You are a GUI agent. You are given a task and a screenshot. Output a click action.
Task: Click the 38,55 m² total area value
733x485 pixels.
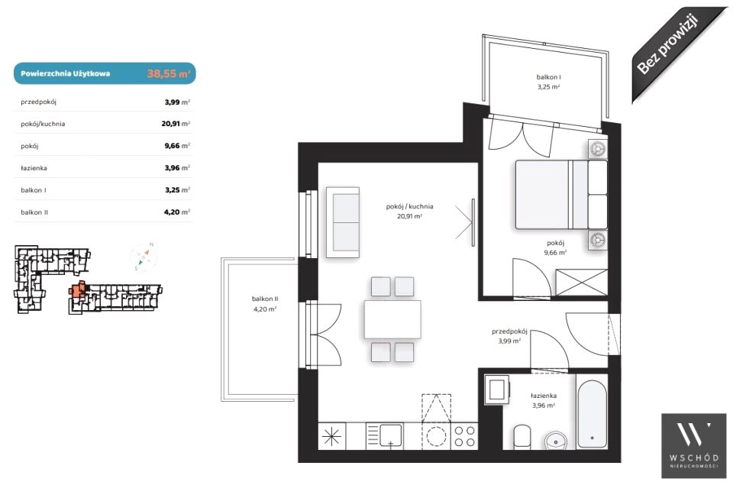point(168,73)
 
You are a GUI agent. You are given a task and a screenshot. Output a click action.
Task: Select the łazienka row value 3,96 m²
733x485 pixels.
point(177,167)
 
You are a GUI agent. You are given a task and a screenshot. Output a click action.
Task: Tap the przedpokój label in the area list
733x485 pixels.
point(38,102)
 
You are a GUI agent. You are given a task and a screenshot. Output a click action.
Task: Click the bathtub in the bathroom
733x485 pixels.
point(592,415)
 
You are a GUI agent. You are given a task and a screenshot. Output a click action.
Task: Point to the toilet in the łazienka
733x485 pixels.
point(521,437)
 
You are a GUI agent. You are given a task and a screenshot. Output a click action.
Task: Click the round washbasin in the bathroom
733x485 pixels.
point(556,441)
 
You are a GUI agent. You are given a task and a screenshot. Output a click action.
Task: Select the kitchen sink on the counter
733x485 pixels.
point(390,435)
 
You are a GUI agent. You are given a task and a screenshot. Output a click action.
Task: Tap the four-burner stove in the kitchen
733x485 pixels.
point(465,436)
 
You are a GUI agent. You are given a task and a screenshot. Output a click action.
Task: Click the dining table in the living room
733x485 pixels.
point(392,319)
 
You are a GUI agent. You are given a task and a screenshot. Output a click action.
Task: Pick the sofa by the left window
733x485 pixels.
point(343,222)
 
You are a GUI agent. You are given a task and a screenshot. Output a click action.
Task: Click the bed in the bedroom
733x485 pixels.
point(561,195)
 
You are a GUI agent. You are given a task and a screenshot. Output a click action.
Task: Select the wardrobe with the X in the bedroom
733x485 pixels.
point(582,283)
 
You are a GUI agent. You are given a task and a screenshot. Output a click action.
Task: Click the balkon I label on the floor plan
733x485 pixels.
point(548,77)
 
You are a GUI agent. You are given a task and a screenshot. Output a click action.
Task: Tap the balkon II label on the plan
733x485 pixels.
point(265,299)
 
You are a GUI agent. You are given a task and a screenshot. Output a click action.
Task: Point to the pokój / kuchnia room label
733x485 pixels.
point(409,206)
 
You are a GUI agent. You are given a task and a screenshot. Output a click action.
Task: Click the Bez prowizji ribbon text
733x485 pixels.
point(667,44)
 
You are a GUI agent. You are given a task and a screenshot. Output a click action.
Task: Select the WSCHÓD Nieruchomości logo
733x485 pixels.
point(694,446)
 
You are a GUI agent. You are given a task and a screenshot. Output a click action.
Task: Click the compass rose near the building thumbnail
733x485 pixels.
point(144,256)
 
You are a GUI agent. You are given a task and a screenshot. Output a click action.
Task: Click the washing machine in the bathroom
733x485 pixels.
point(496,389)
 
